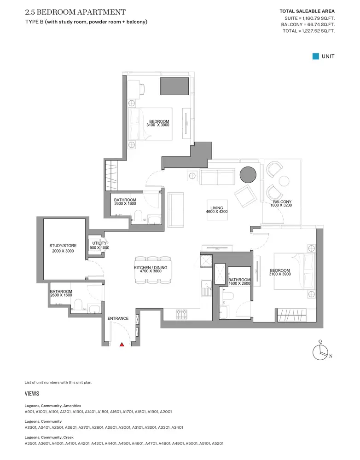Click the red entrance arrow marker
[x=122, y=345]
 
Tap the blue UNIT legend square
[x=316, y=56]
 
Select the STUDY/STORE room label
[x=63, y=248]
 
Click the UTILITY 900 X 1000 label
[x=99, y=246]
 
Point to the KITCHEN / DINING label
[x=151, y=269]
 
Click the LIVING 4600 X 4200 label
[x=217, y=210]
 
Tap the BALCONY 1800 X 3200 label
[x=281, y=203]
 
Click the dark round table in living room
[x=248, y=175]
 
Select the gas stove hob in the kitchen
[x=181, y=315]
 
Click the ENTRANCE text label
[x=118, y=318]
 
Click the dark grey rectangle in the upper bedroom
[x=174, y=86]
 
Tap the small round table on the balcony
[x=284, y=181]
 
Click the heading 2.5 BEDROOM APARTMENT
[x=75, y=12]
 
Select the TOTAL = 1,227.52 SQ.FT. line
[x=308, y=31]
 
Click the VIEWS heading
[x=32, y=393]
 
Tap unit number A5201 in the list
[x=218, y=443]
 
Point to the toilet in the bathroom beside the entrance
[x=78, y=304]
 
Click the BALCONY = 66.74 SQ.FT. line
[x=308, y=25]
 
